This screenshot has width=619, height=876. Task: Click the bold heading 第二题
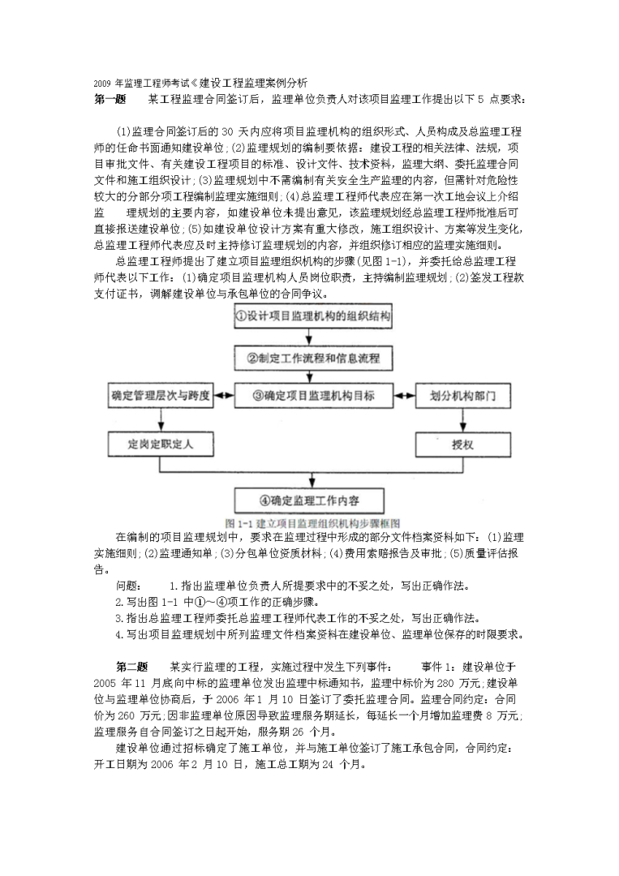pos(131,666)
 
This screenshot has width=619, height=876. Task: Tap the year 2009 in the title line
pos(102,83)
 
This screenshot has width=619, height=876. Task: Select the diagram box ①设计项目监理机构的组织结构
pos(312,316)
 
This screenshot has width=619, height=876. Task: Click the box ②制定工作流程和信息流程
pos(312,357)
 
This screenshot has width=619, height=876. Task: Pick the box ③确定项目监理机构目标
pos(312,397)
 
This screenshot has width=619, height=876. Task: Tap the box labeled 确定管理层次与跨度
pos(161,397)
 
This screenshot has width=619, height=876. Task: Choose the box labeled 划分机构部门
pos(462,397)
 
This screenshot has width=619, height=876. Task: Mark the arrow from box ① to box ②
pos(312,337)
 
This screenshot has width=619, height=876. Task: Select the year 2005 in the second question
pos(106,682)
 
